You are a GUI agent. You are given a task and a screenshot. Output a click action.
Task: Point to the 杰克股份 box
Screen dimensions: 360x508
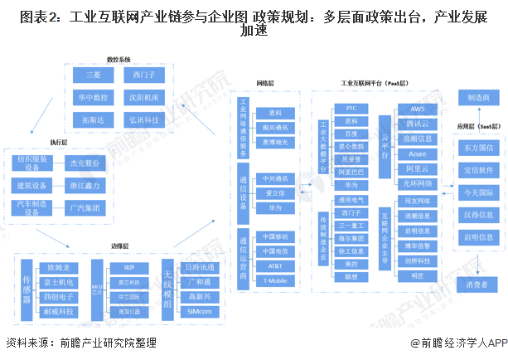tap(84, 163)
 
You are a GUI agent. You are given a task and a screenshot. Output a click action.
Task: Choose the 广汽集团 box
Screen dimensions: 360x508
tap(84, 208)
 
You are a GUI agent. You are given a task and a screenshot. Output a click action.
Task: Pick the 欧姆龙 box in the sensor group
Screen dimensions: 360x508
tap(62, 267)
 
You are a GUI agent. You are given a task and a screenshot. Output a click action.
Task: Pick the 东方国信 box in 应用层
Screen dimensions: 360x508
tap(478, 149)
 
